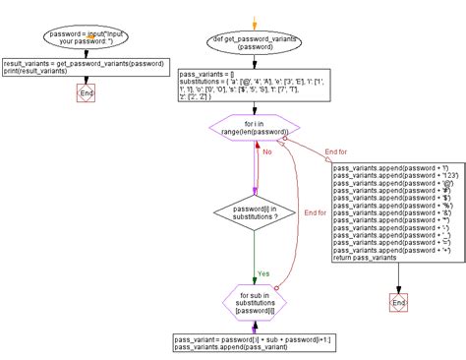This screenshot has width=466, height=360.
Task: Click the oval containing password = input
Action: [87, 38]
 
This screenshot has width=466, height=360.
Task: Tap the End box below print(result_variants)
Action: [86, 93]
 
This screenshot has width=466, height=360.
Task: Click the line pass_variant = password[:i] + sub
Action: [252, 338]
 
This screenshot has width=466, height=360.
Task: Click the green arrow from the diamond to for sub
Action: [254, 261]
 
